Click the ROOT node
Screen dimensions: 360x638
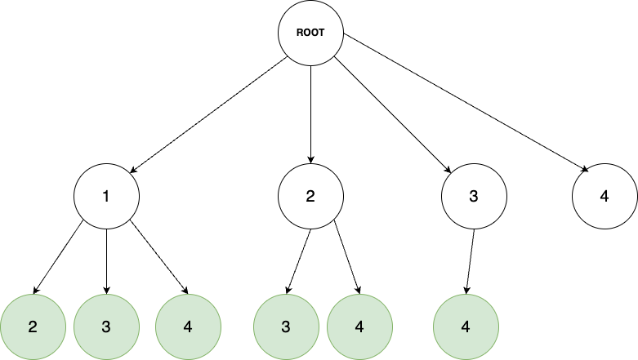click(310, 33)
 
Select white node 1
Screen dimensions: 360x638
click(106, 197)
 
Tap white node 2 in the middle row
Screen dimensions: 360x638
click(310, 197)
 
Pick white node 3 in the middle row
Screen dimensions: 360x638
click(474, 197)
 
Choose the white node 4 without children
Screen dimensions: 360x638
click(605, 197)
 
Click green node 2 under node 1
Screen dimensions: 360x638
click(33, 327)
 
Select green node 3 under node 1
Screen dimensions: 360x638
click(106, 327)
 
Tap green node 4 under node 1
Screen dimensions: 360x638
click(188, 327)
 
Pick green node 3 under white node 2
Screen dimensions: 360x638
click(286, 327)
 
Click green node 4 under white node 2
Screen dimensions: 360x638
click(359, 327)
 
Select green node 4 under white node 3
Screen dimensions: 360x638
click(466, 327)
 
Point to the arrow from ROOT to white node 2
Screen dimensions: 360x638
click(310, 115)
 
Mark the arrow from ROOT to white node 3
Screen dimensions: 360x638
click(392, 115)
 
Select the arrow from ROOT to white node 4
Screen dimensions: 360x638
click(466, 102)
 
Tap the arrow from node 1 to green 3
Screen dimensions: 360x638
click(106, 261)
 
